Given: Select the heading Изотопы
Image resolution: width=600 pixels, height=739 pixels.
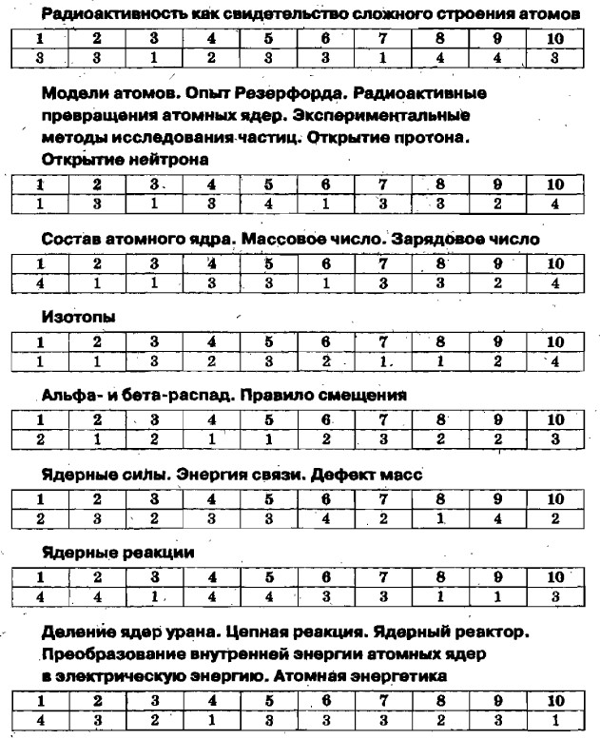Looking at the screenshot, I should click(75, 319).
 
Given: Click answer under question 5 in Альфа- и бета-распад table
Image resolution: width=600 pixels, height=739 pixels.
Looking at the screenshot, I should click(269, 438).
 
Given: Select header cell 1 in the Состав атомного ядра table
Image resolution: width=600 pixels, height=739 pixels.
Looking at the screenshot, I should click(41, 263).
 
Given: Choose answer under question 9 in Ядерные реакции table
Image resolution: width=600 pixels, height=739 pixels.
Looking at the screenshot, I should click(498, 596).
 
